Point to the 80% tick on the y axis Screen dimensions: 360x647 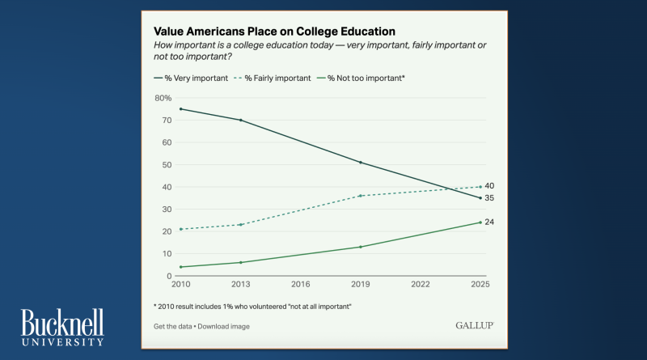162,98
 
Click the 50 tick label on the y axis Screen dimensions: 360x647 167,164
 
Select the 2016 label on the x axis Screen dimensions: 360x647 301,285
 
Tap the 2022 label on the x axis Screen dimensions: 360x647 420,285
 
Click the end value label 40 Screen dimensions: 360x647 489,186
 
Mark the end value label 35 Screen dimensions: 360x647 489,197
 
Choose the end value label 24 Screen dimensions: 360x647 489,222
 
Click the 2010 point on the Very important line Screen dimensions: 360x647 180,109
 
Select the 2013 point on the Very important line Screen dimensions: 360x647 240,120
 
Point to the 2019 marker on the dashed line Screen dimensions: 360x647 360,196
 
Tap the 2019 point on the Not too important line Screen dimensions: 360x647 360,247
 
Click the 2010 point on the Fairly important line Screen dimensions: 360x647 180,229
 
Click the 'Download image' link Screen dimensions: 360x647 226,326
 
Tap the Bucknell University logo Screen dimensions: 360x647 62,327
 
